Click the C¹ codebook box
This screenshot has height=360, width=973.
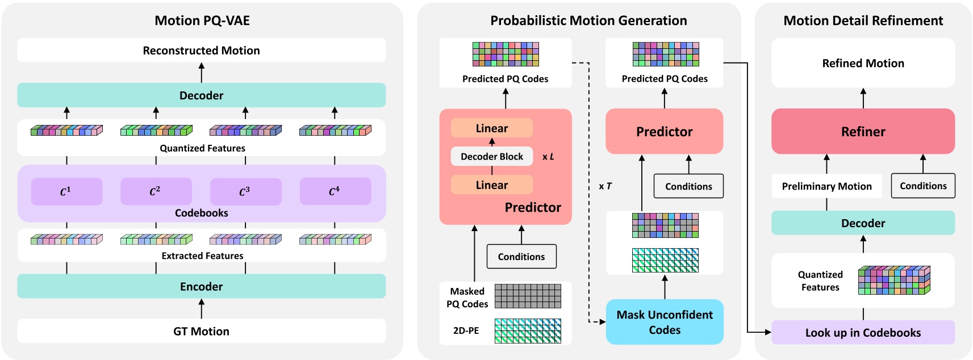click(66, 191)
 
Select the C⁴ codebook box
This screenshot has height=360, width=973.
click(335, 191)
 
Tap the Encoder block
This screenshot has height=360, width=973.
click(201, 286)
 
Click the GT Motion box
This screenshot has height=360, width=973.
click(201, 331)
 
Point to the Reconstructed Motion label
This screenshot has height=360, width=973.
click(201, 51)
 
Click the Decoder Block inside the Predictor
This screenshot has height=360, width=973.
click(491, 156)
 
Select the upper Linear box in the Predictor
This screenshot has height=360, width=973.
click(491, 128)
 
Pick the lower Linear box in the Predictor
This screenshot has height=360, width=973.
click(491, 185)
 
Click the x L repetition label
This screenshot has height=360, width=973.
click(548, 157)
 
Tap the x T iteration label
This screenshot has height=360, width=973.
click(605, 186)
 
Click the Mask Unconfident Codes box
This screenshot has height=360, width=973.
click(665, 322)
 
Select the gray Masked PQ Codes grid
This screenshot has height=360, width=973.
click(528, 296)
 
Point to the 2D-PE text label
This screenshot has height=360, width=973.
click(466, 330)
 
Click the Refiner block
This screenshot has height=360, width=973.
click(863, 131)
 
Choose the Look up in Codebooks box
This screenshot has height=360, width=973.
click(863, 333)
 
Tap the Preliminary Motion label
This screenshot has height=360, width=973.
click(826, 186)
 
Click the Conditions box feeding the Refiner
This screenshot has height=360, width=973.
click(923, 186)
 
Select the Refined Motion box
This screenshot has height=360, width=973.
click(863, 63)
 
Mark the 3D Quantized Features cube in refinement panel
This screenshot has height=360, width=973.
click(894, 280)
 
